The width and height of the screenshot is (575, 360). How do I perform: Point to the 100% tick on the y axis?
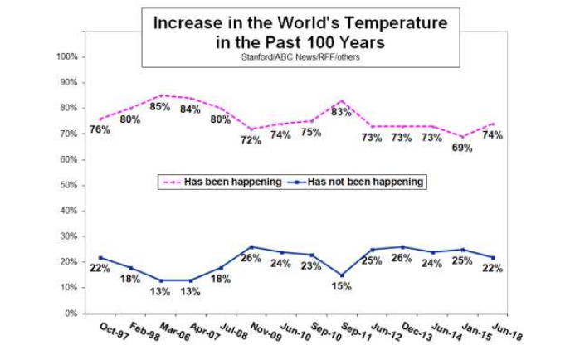click(x=66, y=56)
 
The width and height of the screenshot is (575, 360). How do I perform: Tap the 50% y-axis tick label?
click(x=68, y=185)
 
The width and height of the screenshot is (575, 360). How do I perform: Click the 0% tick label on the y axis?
click(x=71, y=314)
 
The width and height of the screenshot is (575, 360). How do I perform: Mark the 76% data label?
click(x=100, y=130)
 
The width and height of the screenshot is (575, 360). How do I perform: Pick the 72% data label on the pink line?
click(x=251, y=140)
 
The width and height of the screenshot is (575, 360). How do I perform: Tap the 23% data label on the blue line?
click(x=312, y=266)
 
